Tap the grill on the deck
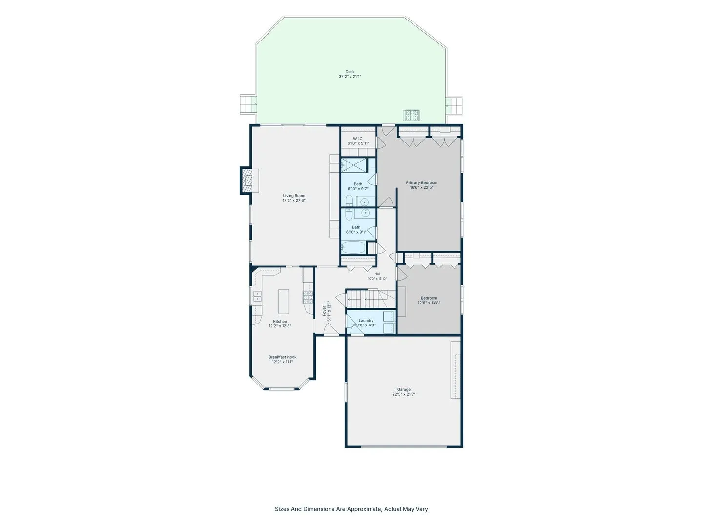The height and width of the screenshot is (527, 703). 412,115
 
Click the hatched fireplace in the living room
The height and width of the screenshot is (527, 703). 247,181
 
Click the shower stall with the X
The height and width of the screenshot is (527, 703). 353,165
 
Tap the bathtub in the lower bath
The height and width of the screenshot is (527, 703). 353,247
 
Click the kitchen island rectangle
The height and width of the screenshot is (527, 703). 284,302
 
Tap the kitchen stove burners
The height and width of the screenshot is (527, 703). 308,297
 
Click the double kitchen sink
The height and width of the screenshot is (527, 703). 257,296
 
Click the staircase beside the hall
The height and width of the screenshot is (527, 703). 371,299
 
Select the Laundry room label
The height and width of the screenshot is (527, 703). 366,320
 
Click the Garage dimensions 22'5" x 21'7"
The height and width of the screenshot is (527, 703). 404,394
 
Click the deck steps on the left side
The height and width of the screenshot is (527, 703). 247,104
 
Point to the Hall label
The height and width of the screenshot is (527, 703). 377,274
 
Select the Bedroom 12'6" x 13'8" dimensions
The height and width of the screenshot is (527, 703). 429,303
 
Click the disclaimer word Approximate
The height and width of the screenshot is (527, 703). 364,509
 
